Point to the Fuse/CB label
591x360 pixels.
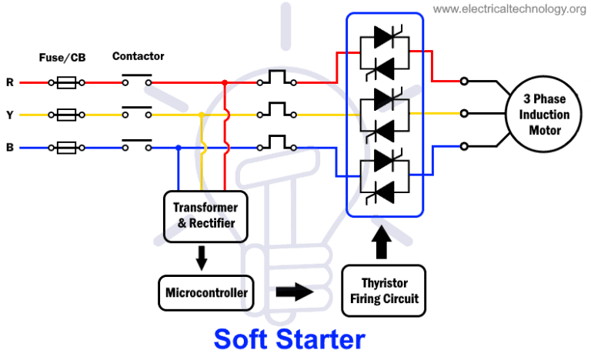[x=62, y=58]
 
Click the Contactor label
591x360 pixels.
[x=138, y=56]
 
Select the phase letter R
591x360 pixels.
[x=10, y=82]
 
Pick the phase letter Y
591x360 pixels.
[x=10, y=115]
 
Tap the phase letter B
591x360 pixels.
[x=10, y=147]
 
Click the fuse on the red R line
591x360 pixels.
[x=66, y=82]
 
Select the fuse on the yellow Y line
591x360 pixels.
[x=66, y=115]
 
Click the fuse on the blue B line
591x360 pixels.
[x=66, y=148]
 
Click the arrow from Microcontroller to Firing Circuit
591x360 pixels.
[x=295, y=292]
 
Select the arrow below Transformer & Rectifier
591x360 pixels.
[x=202, y=258]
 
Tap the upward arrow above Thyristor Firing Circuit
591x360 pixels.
[x=382, y=242]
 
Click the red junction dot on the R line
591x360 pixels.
[x=225, y=82]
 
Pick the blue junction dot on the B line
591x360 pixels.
[x=179, y=148]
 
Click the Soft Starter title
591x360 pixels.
[x=289, y=339]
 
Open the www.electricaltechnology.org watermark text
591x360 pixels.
[x=509, y=8]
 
